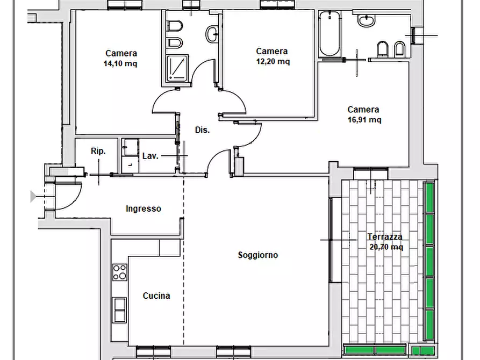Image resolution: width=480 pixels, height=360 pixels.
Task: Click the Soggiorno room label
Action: tap(258, 255)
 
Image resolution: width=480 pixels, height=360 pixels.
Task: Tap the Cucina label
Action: tap(156, 296)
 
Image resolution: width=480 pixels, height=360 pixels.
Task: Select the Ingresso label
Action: tap(144, 209)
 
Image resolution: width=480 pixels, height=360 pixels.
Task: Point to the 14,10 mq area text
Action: tap(120, 64)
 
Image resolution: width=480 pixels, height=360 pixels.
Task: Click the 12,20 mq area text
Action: tap(273, 62)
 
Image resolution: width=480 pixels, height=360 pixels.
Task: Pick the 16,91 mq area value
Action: tap(364, 120)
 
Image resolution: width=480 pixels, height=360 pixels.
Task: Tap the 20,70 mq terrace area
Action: tap(386, 247)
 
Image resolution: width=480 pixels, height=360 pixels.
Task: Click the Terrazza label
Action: tap(385, 236)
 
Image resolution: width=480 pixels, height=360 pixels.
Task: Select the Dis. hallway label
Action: tap(202, 130)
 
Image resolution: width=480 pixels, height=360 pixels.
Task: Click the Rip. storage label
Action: tap(98, 151)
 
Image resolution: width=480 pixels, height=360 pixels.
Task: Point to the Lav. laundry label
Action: tap(151, 156)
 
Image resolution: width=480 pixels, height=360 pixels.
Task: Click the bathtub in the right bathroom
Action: tap(330, 34)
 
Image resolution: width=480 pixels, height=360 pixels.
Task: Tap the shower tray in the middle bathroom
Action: tap(177, 69)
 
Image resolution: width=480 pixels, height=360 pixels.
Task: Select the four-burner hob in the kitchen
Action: tap(120, 272)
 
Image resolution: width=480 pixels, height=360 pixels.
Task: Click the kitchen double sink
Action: tap(119, 310)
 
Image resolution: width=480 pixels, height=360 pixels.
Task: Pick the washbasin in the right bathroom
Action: tap(367, 20)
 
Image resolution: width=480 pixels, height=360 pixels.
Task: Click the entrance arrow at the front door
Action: tap(33, 196)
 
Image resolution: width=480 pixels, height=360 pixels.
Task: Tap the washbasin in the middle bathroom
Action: tap(212, 34)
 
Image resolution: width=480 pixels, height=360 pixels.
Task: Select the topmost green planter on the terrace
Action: tap(429, 197)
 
